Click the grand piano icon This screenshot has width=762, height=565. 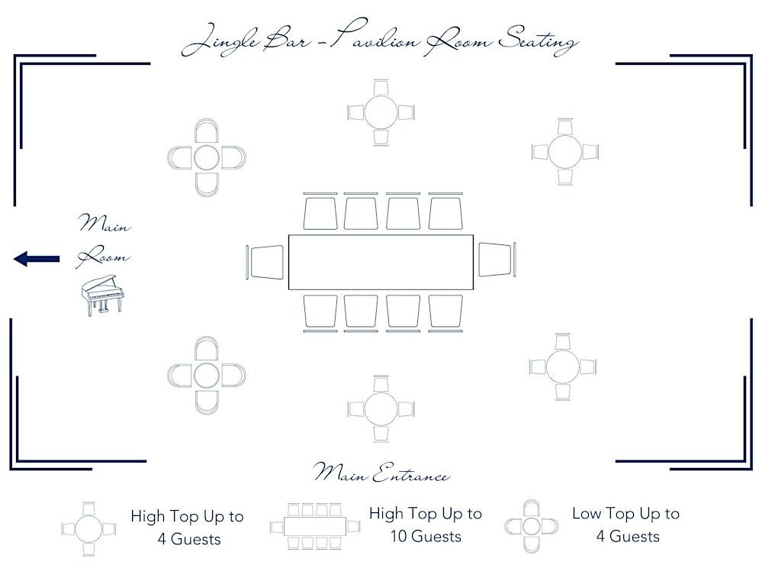click(x=102, y=295)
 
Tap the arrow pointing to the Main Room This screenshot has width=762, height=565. click(x=37, y=259)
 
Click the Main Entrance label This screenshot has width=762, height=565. click(x=381, y=472)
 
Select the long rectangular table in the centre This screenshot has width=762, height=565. click(x=381, y=263)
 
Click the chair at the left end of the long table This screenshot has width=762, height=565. click(x=265, y=262)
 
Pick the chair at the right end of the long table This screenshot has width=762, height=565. click(x=497, y=260)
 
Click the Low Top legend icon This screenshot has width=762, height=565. click(x=531, y=526)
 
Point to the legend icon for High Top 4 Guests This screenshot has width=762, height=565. click(x=88, y=529)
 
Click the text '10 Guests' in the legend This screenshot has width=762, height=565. click(x=426, y=536)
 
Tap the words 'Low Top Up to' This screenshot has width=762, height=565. click(x=626, y=514)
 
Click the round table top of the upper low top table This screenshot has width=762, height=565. click(x=207, y=158)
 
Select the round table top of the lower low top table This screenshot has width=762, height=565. click(x=207, y=375)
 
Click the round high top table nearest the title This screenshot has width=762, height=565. click(x=381, y=112)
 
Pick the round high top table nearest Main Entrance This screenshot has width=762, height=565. click(x=381, y=409)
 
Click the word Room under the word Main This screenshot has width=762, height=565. click(x=103, y=256)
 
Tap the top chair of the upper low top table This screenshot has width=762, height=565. click(x=207, y=131)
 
